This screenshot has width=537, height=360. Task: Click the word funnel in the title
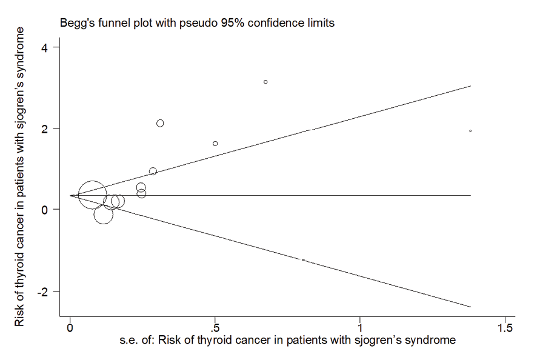click(x=109, y=24)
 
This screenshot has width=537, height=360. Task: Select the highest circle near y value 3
click(x=265, y=82)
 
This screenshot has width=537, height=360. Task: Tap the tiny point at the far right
click(x=470, y=131)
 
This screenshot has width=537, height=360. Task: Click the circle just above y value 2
click(x=160, y=123)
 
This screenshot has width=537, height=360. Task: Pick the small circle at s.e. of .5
click(x=215, y=144)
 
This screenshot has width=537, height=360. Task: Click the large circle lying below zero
click(x=104, y=215)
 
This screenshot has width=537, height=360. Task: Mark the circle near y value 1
click(x=153, y=172)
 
